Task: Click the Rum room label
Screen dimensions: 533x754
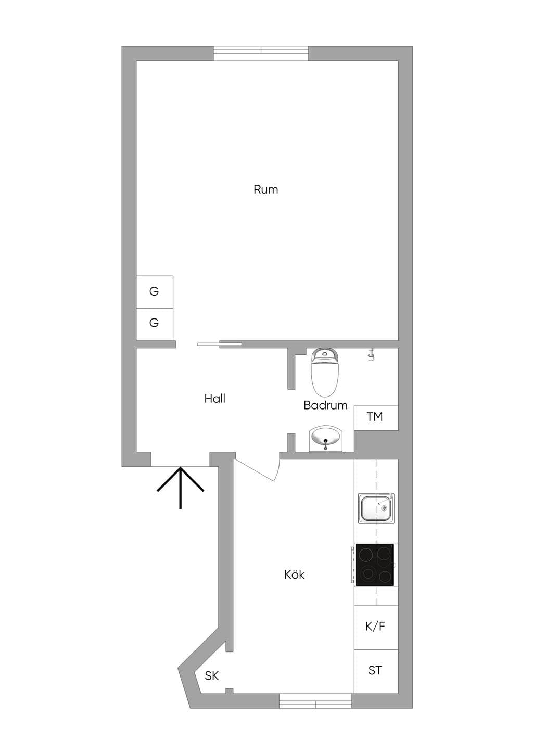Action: [265, 189]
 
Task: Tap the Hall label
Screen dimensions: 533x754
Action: [214, 399]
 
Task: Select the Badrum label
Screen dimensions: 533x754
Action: [325, 405]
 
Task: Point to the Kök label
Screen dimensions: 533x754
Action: [294, 574]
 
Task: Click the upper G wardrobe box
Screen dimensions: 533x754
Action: [155, 292]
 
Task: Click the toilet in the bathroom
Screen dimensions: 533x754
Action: [324, 372]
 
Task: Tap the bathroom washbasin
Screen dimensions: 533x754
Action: [325, 438]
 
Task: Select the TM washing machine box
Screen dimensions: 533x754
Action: [376, 417]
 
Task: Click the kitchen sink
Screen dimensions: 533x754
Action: [376, 508]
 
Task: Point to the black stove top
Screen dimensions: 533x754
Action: [374, 565]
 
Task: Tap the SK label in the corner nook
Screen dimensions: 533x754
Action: [212, 675]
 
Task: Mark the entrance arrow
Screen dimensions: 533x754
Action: [181, 488]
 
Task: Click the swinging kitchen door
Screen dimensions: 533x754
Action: [258, 468]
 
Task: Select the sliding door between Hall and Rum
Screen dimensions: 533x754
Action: [220, 344]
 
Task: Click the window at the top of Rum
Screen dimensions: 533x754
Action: [261, 53]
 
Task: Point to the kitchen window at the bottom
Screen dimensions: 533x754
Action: [315, 700]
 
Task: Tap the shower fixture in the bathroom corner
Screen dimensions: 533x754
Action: [371, 354]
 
